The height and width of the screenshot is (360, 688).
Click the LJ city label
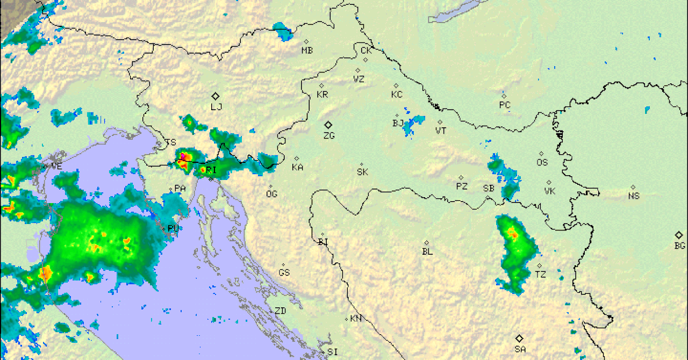point(216,107)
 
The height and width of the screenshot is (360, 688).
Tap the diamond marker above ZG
point(328,125)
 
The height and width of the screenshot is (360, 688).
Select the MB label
point(307,51)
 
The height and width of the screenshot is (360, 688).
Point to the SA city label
point(520,349)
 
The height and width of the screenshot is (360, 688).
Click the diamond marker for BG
point(679,235)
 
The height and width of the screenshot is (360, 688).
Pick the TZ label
point(540,275)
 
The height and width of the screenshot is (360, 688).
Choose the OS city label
point(542,162)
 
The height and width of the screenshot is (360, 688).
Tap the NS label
point(634,196)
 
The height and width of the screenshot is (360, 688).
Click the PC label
point(504,105)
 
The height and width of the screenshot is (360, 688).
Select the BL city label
point(427,251)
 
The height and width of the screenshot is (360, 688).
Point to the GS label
point(284,273)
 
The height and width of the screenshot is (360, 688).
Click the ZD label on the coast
point(280,311)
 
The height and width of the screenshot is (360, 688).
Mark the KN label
point(355,319)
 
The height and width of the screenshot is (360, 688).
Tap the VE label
point(56,167)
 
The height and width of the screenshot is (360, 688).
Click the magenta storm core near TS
point(183,156)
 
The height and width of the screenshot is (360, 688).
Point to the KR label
point(322,95)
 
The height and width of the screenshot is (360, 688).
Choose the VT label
point(441,131)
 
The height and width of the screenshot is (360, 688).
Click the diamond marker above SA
point(519,339)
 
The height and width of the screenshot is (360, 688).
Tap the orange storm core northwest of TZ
point(513,234)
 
